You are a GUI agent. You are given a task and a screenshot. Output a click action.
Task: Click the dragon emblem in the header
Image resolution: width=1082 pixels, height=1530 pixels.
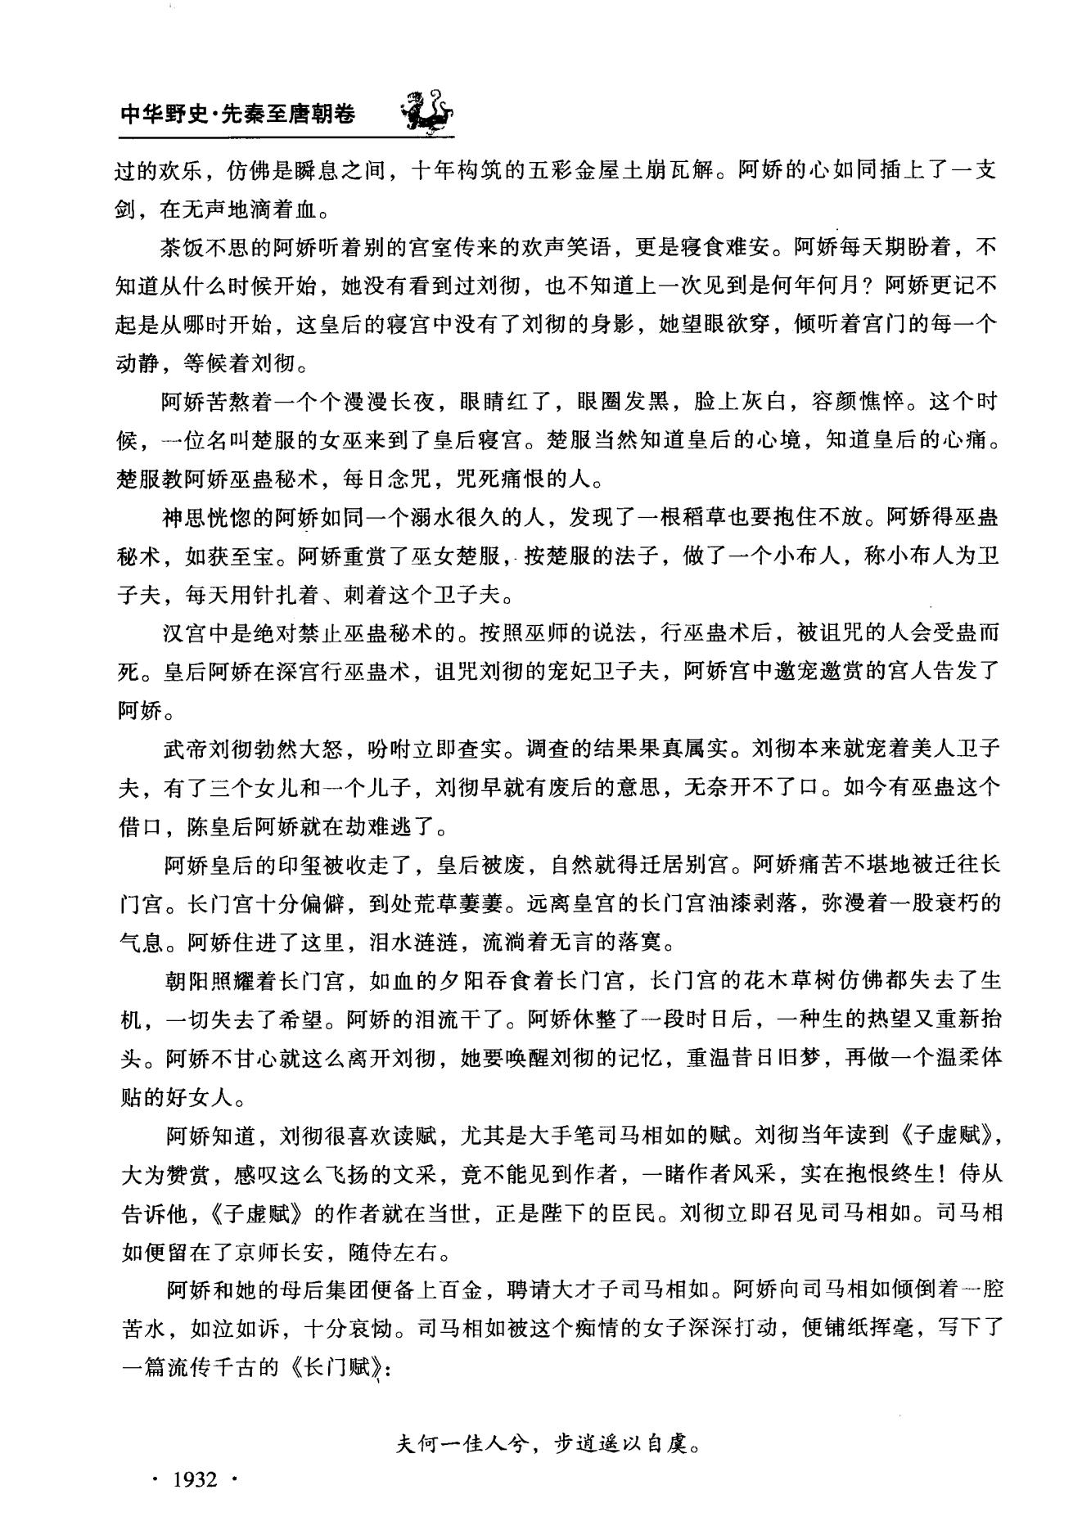point(426,111)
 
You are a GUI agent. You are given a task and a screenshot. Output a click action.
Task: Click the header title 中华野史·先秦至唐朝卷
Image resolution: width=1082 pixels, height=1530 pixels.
point(237,115)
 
